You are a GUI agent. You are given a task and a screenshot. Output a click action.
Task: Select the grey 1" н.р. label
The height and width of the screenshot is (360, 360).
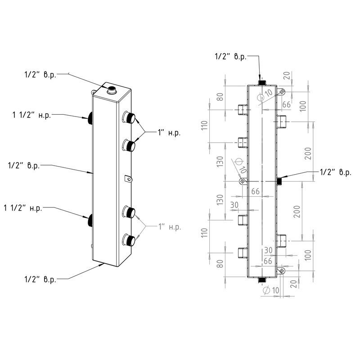(x=169, y=227)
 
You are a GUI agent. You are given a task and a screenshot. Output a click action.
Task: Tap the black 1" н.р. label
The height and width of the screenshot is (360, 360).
(x=169, y=133)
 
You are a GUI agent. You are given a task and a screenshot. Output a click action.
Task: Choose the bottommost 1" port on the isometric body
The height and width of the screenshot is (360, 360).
(x=130, y=239)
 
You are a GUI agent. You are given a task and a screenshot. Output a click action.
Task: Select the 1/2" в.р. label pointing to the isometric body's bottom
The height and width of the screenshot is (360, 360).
(x=41, y=279)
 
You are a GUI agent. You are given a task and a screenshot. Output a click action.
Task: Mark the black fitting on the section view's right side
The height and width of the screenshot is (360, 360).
(x=279, y=181)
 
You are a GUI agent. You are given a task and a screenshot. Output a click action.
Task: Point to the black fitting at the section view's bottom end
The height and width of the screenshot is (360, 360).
(x=262, y=280)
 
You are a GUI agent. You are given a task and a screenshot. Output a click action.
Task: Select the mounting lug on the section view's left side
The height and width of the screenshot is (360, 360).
(x=242, y=181)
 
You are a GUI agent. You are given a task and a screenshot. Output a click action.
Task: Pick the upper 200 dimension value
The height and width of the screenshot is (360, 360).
(x=308, y=153)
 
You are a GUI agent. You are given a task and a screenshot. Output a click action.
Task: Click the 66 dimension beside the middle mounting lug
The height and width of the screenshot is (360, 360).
(x=255, y=191)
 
